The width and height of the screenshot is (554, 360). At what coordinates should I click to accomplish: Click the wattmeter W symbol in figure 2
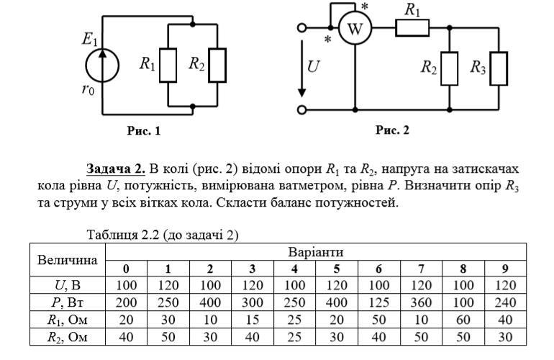[x=353, y=29]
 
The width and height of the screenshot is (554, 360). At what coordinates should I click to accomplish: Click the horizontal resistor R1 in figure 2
[x=412, y=28]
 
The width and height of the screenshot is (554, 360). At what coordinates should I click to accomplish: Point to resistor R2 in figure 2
[x=449, y=68]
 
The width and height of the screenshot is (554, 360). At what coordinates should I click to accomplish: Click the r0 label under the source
[x=88, y=90]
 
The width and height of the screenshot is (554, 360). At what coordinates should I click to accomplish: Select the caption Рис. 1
[x=143, y=131]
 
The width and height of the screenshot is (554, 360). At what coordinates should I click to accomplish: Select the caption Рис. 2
[x=392, y=130]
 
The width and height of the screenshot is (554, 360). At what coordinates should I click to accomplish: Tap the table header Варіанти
[x=315, y=252]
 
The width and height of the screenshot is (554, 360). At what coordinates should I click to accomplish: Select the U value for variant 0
[x=126, y=285]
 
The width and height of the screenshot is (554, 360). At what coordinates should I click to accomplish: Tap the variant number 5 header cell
[x=336, y=269]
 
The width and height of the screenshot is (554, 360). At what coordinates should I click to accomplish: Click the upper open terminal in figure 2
[x=302, y=28]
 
